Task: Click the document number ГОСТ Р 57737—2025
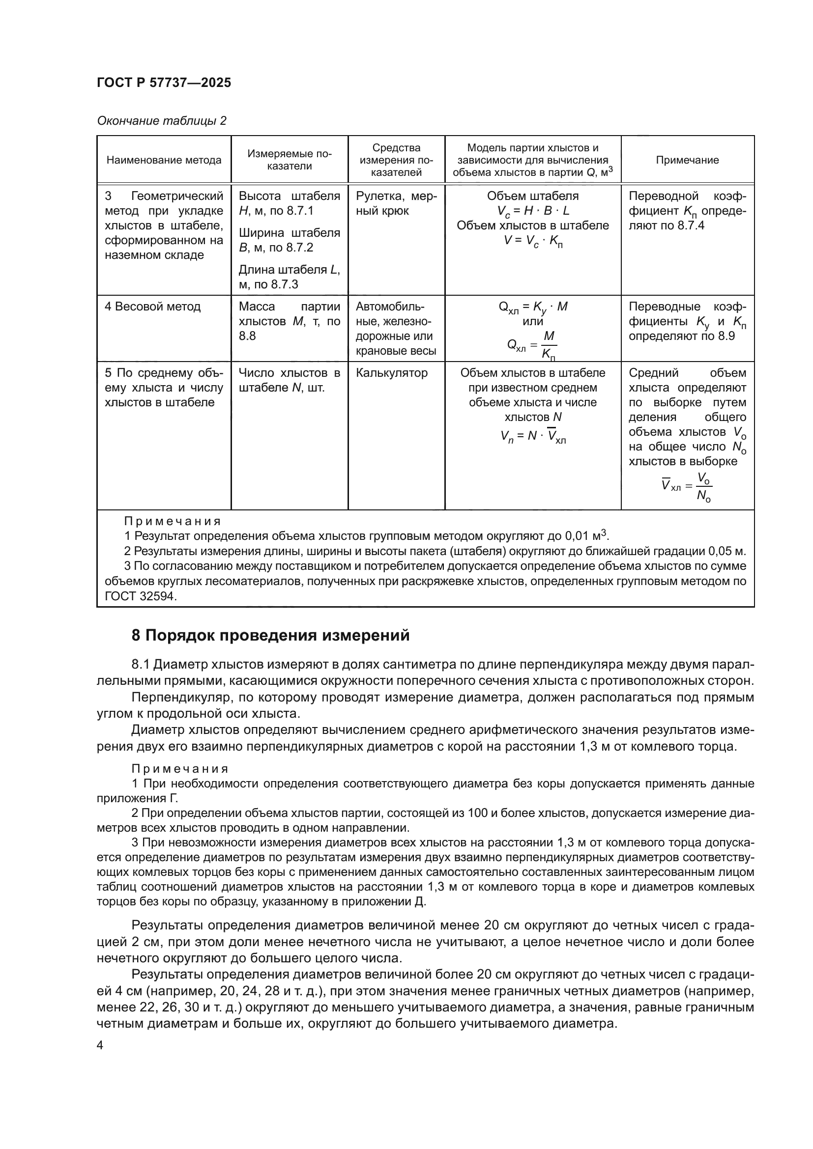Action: coord(164,83)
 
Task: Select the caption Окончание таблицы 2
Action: coord(161,121)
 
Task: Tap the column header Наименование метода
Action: coord(164,160)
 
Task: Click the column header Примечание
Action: coord(687,160)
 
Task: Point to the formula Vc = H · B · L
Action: coord(533,211)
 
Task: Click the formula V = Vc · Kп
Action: coord(533,241)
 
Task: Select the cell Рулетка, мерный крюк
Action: coord(396,203)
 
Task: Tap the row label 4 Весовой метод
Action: coord(153,306)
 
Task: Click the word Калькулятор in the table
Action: coord(391,373)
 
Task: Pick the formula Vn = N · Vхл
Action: coord(533,437)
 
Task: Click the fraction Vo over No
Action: coord(704,487)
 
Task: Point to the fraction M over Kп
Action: coord(549,345)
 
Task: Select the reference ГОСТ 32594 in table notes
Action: coord(141,596)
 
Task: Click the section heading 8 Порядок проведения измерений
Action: coord(270,636)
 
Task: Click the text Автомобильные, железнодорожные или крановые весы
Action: coord(396,328)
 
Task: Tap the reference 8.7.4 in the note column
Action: coord(690,225)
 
